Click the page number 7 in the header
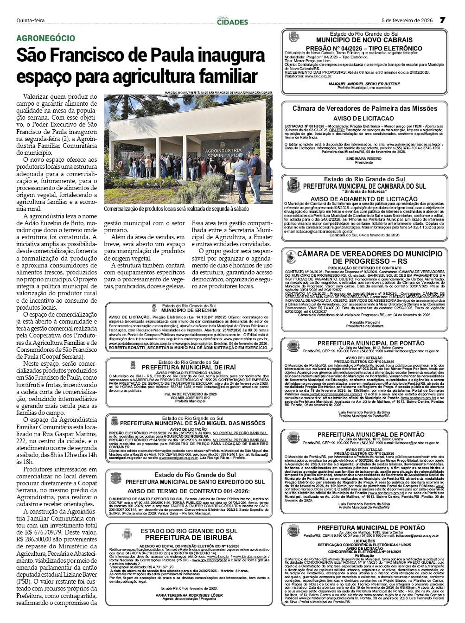[x=442, y=20]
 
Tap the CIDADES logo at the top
[x=232, y=21]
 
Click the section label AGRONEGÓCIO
[x=45, y=38]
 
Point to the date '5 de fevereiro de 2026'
[x=407, y=20]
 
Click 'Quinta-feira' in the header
[x=31, y=20]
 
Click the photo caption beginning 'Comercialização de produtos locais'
[x=176, y=209]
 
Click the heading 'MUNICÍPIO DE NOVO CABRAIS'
[x=364, y=40]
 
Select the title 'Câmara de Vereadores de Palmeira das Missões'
[x=364, y=108]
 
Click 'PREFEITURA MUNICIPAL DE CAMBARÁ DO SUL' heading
[x=364, y=186]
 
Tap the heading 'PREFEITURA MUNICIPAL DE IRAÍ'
[x=189, y=367]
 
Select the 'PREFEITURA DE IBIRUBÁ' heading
[x=189, y=537]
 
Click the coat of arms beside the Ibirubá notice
[x=127, y=534]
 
